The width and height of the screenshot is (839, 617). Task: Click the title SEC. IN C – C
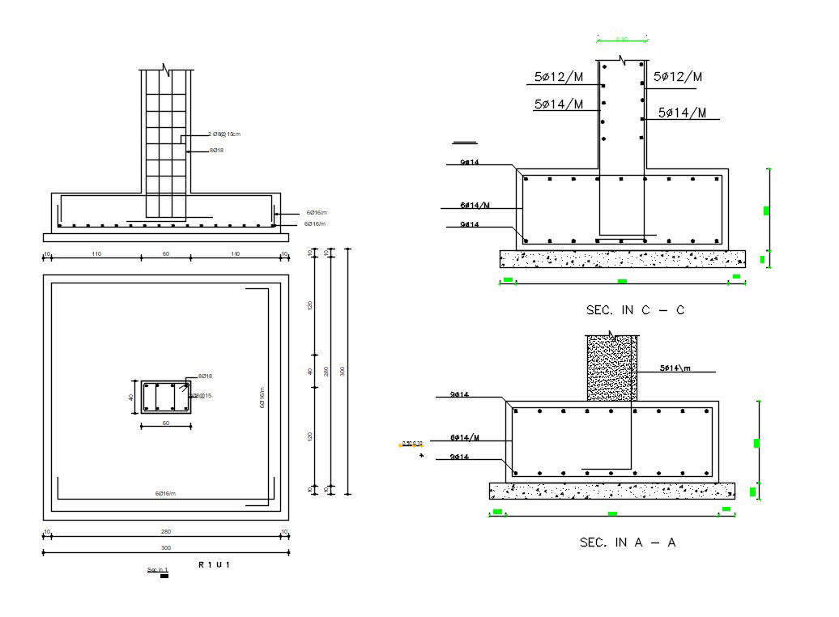(634, 310)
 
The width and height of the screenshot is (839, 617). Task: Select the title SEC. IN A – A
(628, 543)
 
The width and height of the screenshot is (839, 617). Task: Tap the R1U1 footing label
(215, 564)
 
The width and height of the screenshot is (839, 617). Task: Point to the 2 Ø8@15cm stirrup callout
(224, 134)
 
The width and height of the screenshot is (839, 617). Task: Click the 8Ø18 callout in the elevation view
(217, 151)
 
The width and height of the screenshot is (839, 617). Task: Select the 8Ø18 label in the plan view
(205, 377)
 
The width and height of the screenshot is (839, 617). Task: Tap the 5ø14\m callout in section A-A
(675, 368)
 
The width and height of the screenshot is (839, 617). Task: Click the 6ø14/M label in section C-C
(475, 206)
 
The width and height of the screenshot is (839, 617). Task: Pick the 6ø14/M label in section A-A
(465, 438)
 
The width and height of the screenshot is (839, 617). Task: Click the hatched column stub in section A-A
(611, 368)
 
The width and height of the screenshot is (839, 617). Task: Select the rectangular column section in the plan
(166, 398)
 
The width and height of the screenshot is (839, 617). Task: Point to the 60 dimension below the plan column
(166, 423)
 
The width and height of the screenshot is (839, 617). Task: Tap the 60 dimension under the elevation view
(166, 254)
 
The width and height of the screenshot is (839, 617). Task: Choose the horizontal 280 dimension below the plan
(166, 532)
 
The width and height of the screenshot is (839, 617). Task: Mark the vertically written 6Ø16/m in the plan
(262, 397)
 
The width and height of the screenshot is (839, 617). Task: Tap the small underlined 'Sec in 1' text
(157, 570)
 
